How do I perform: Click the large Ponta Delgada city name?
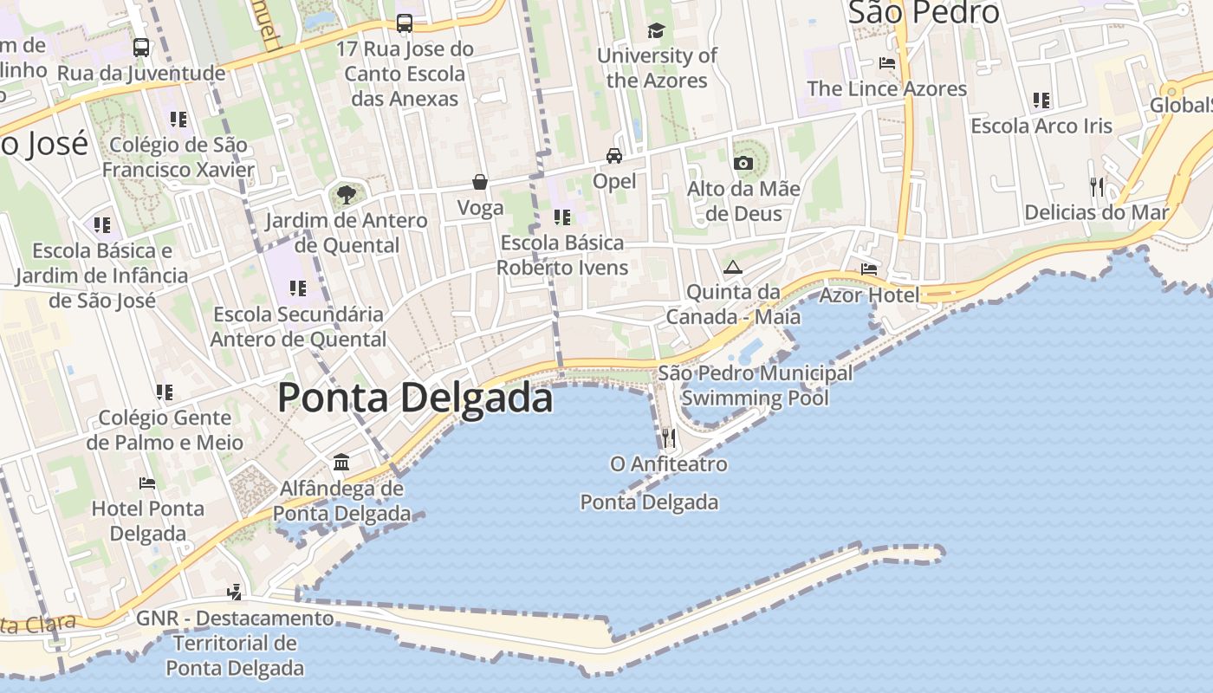tap(415, 398)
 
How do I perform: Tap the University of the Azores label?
tap(657, 68)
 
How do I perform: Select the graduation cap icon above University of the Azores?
tap(656, 31)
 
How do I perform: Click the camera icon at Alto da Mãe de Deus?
tap(743, 163)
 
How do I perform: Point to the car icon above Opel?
tap(614, 156)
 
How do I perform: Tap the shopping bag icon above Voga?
tap(480, 182)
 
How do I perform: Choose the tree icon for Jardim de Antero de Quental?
tap(347, 195)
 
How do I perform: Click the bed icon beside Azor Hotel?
tap(869, 269)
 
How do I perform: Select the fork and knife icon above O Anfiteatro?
tap(668, 437)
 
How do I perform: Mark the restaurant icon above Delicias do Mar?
tap(1097, 186)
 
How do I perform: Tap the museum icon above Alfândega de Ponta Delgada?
tap(341, 463)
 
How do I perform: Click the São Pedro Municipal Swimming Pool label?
tap(755, 385)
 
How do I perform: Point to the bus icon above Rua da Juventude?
tap(141, 48)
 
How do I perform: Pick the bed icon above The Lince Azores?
tap(886, 63)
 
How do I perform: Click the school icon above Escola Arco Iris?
tap(1041, 100)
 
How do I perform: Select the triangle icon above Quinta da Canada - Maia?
tap(733, 267)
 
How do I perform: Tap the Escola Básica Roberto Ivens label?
tap(562, 255)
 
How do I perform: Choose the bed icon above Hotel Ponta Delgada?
tap(147, 483)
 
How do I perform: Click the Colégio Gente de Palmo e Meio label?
tap(165, 430)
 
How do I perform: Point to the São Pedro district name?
tap(923, 13)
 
